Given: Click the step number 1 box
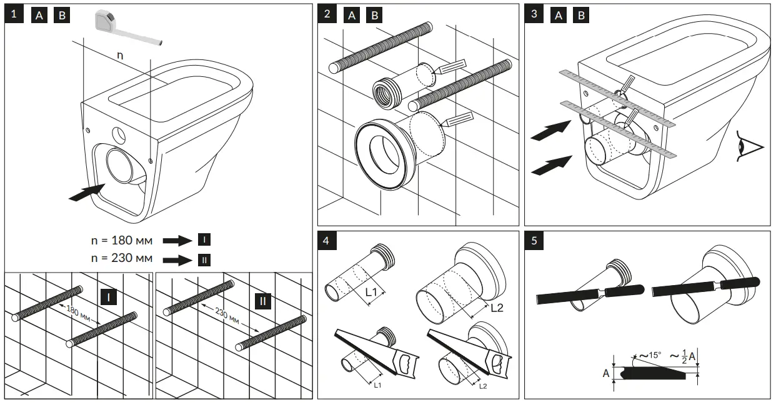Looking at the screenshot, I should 16,16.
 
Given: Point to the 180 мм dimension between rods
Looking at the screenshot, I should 79,314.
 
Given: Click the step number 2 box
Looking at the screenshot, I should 328,15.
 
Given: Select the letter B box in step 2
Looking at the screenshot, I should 374,16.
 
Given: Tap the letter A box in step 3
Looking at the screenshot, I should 559,16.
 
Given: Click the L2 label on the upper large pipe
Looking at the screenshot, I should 497,307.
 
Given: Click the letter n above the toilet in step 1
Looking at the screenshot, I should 120,55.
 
